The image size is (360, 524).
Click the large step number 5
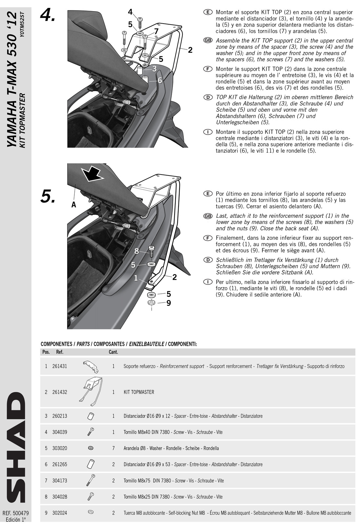(47, 196)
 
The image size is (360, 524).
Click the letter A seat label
(74, 205)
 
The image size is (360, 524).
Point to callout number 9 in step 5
(168, 303)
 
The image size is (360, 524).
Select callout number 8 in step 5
(137, 252)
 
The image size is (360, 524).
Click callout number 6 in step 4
(160, 80)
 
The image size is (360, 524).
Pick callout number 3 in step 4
(154, 68)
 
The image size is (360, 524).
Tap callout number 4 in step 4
(130, 12)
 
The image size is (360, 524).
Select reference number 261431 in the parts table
(60, 366)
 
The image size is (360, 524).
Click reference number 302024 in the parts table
(60, 513)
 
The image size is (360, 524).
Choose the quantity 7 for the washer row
(113, 448)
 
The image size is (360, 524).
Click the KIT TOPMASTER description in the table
(139, 392)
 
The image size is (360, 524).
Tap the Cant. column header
(113, 352)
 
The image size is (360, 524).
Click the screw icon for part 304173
(90, 480)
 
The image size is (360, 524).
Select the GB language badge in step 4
(208, 40)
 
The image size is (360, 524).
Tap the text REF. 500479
(16, 513)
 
